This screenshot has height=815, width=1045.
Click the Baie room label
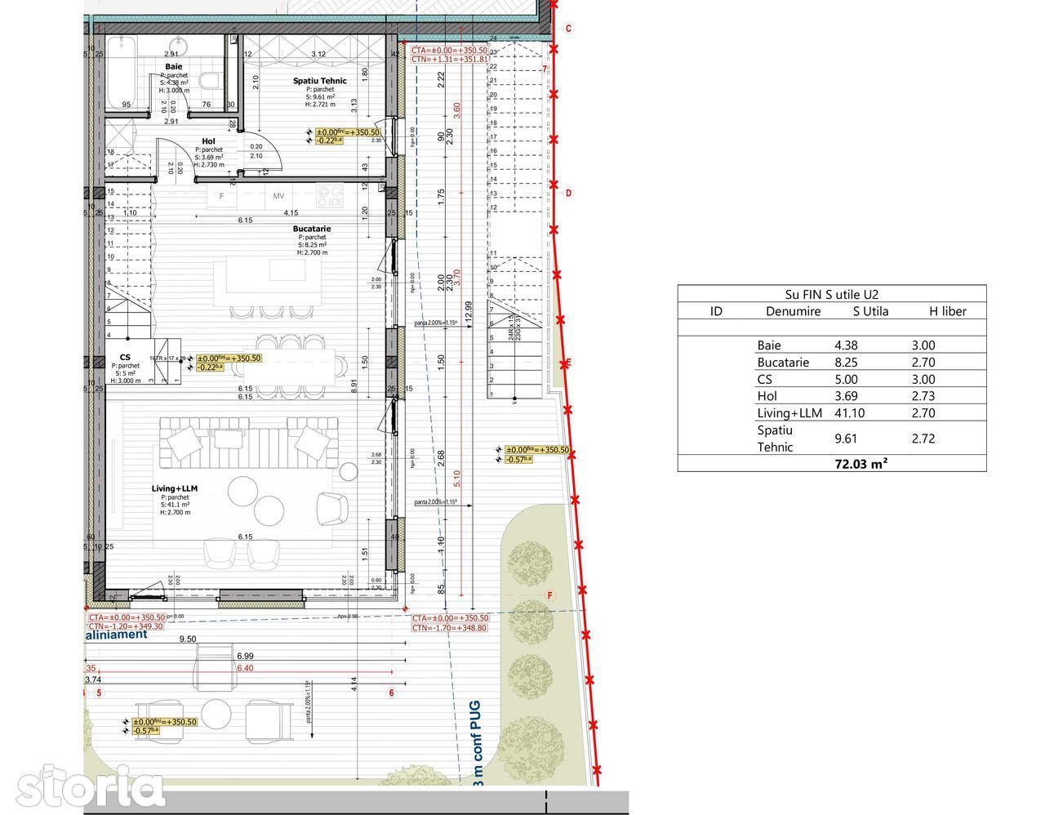[x=173, y=66]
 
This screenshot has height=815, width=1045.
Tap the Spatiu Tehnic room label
[x=320, y=81]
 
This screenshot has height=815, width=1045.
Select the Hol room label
[x=209, y=141]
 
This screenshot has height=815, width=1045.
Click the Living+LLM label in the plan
[x=175, y=488]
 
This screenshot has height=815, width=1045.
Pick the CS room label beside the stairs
[x=125, y=358]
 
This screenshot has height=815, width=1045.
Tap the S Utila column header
[x=870, y=311]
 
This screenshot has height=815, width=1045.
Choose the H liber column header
[x=947, y=311]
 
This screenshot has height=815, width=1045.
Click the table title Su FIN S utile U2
[x=831, y=295]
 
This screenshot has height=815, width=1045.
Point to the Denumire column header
[x=793, y=311]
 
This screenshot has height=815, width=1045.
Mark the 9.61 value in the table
[x=846, y=439]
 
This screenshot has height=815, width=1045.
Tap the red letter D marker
[x=569, y=194]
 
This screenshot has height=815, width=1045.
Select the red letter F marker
[x=549, y=595]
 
